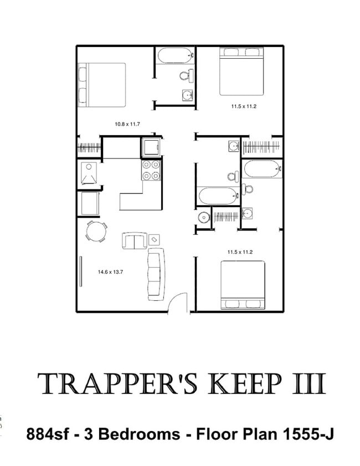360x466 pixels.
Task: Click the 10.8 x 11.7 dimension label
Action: coord(127,124)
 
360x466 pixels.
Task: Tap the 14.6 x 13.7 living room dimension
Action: coord(111,272)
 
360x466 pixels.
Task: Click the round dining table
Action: coord(96,231)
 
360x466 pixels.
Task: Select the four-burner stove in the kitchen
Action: coord(151,170)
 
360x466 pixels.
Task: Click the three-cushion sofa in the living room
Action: coord(156,274)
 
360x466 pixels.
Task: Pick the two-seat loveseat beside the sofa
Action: coord(135,240)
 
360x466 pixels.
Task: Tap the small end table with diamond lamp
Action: coord(154,239)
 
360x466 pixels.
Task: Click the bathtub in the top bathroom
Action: coord(176,55)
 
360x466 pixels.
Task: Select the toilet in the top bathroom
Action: coord(187,75)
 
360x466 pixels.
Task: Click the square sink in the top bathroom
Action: coord(188,96)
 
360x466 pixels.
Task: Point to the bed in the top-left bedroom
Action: coord(101,85)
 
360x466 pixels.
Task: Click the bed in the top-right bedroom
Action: coord(241,71)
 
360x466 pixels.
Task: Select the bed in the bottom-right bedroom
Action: coord(243,285)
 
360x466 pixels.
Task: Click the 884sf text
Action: coord(48,434)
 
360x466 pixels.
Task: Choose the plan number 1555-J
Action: coord(308,434)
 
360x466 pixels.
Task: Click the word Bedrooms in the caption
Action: coord(139,434)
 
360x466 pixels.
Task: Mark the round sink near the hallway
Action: coord(204,217)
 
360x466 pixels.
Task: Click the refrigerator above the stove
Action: coord(151,147)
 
